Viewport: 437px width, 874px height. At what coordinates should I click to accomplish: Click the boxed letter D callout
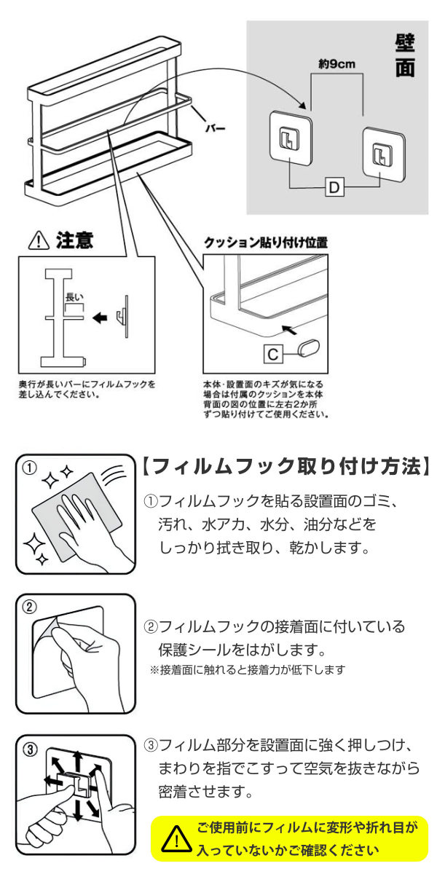(x=335, y=188)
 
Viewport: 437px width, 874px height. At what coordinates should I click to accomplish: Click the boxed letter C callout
(x=272, y=354)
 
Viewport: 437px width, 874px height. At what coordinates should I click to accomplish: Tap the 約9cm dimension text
(x=336, y=63)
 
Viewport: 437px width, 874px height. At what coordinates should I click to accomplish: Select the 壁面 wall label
(x=405, y=56)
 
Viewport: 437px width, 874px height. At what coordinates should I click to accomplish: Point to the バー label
(x=216, y=128)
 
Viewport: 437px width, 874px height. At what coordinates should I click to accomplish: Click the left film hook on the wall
(x=291, y=138)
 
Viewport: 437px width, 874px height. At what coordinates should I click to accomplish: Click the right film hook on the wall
(x=384, y=153)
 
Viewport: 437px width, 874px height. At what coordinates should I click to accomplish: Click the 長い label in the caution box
(x=74, y=297)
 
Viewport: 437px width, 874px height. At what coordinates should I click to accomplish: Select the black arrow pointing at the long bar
(x=100, y=318)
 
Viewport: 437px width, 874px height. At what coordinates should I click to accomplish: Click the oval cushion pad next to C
(x=309, y=348)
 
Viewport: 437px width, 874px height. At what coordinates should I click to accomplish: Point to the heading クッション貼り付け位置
(x=266, y=243)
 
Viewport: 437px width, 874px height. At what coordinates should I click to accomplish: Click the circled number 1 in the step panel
(x=30, y=468)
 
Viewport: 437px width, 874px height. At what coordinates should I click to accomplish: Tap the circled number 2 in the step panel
(x=30, y=607)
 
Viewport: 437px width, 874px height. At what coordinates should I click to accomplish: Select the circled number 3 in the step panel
(x=30, y=749)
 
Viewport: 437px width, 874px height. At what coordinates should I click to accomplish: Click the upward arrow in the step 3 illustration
(x=78, y=761)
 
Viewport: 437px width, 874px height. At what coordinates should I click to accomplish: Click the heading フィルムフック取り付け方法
(x=286, y=466)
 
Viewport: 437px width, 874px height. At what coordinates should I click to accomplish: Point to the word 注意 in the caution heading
(x=74, y=240)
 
